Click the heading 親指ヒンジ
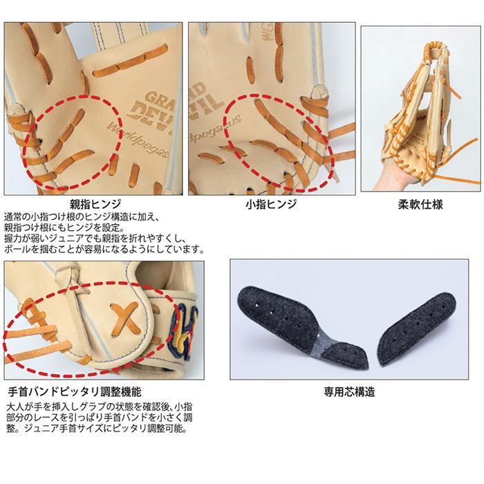click(95, 204)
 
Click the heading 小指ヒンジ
click(271, 204)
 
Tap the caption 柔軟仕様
click(420, 205)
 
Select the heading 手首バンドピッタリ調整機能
click(75, 392)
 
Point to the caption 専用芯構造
click(349, 392)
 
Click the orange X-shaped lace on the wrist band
click(125, 319)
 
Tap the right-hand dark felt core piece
click(418, 329)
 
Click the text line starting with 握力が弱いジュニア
click(95, 239)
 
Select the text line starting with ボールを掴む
click(104, 249)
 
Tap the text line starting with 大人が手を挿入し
click(100, 407)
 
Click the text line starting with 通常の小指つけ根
click(82, 217)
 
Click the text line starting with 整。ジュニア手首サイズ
click(97, 429)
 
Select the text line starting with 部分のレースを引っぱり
click(100, 418)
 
